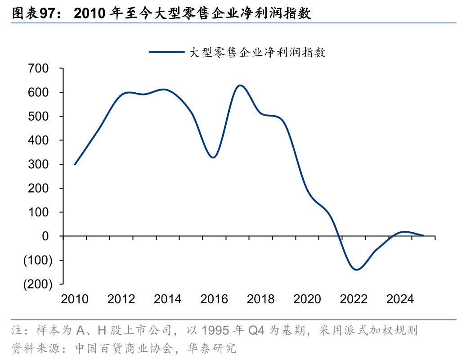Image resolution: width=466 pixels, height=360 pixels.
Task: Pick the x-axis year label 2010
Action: click(75, 299)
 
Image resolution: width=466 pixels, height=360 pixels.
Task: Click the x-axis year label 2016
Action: click(214, 299)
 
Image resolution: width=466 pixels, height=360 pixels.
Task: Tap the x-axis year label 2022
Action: click(354, 299)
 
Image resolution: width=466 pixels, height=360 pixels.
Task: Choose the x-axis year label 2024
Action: click(400, 299)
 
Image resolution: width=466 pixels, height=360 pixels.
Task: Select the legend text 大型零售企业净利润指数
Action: click(257, 52)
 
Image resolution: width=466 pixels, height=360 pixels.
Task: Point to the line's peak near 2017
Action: click(240, 85)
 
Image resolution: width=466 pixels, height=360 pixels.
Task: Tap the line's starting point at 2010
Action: click(75, 164)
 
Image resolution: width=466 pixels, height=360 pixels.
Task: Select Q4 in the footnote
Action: click(257, 332)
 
